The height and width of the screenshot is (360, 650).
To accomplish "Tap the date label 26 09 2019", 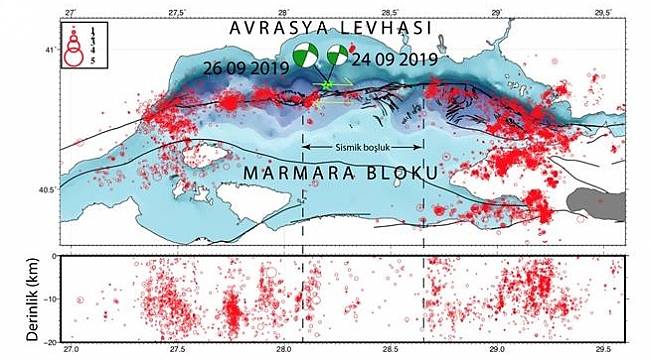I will pos(245,68).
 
